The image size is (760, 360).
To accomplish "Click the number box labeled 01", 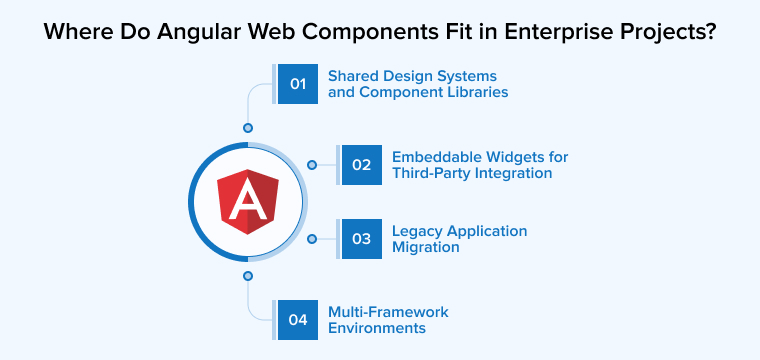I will pos(298,84).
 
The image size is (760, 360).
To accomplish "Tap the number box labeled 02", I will pos(361,165).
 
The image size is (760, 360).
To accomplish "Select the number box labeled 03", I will pos(361,239).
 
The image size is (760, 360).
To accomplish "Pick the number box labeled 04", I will pos(298,320).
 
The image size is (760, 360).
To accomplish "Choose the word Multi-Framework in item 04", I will pos(388,312).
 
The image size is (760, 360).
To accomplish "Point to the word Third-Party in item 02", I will pos(433,173).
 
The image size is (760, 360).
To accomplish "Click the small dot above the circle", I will pos(248,128).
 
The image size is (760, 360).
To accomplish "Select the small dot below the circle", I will pos(248,275).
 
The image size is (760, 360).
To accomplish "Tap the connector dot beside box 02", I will pos(312,165).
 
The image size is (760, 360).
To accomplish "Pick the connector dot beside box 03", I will pos(312,239).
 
